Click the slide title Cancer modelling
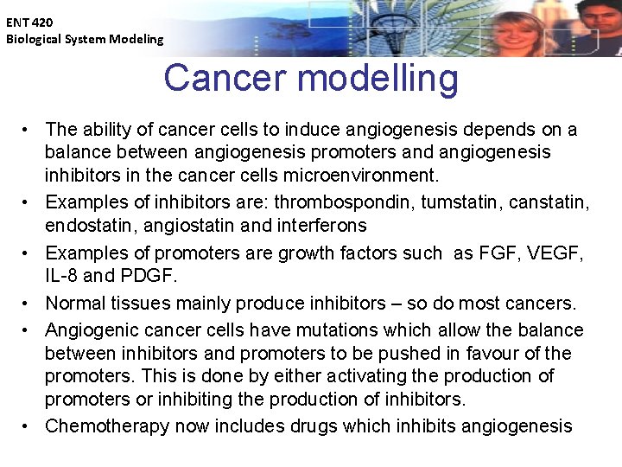click(311, 78)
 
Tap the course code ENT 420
click(29, 22)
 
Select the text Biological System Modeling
click(84, 39)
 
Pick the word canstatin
click(546, 202)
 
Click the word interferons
click(319, 226)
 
